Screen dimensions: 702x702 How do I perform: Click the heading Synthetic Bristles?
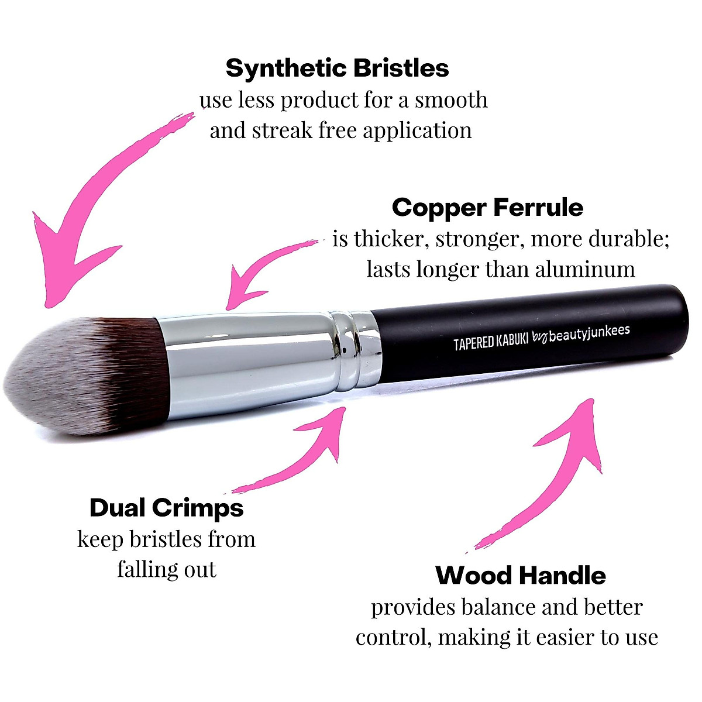(337, 68)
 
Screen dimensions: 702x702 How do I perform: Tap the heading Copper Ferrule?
(487, 208)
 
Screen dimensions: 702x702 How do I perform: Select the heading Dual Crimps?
(167, 508)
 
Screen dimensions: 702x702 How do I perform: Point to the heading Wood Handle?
(521, 576)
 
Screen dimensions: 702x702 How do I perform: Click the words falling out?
(167, 569)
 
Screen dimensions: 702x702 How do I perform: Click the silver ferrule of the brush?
(246, 366)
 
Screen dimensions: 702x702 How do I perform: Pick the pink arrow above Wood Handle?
(556, 468)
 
